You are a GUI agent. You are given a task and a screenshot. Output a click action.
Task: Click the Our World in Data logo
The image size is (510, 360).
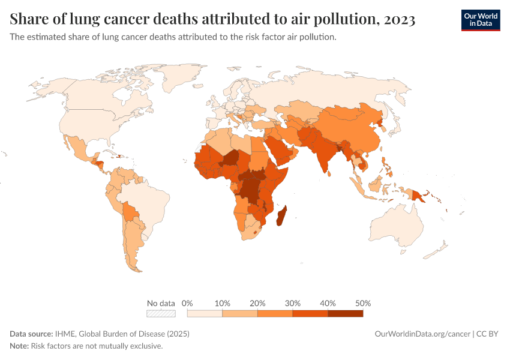[x=480, y=20]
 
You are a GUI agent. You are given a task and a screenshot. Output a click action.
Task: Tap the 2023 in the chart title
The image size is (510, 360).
[x=397, y=20]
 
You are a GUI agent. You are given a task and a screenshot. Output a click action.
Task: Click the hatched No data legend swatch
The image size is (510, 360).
[x=161, y=313]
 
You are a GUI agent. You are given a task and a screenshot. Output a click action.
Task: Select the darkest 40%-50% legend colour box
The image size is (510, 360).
[x=345, y=313]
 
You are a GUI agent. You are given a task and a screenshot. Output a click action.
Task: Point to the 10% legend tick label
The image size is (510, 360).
[x=222, y=303]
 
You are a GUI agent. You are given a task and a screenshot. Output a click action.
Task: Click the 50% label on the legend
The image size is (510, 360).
[x=363, y=303]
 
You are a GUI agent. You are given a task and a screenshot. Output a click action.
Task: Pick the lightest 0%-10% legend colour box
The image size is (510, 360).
[x=205, y=313]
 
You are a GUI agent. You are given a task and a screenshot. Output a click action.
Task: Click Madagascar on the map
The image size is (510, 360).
[x=281, y=215]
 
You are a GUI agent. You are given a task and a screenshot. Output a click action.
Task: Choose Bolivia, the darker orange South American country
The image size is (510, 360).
[x=130, y=211]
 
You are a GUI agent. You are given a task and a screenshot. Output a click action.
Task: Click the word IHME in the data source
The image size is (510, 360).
[x=65, y=334]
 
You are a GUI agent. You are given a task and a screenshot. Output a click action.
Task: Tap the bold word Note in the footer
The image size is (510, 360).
[x=19, y=346]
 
